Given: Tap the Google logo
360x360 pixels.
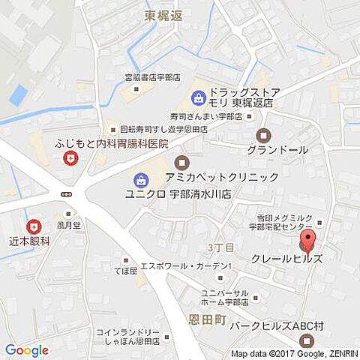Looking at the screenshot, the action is [26, 350].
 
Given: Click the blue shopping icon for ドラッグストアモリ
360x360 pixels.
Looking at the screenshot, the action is [198, 97].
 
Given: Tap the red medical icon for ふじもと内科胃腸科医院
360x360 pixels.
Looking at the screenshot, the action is [70, 158].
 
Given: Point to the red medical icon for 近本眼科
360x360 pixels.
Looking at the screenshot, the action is [33, 226].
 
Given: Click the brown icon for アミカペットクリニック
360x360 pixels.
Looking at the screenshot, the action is [181, 162].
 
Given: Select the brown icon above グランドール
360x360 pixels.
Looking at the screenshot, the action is [263, 136].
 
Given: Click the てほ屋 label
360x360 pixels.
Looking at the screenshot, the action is [124, 271].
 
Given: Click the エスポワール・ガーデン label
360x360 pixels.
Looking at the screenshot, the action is [194, 266].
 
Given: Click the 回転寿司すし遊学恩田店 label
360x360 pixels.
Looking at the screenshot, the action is [155, 128].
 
